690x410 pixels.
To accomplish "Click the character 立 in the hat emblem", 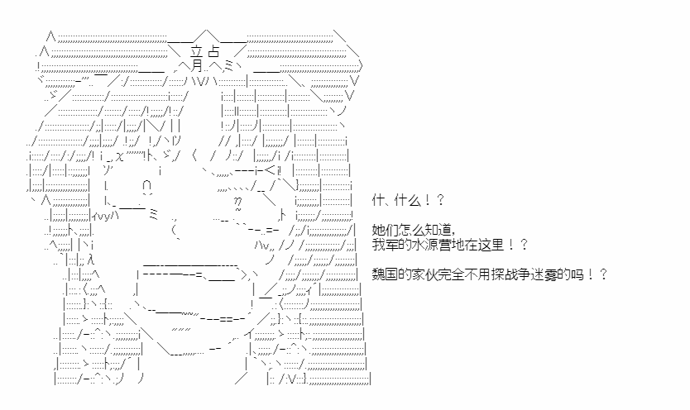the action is (196, 52).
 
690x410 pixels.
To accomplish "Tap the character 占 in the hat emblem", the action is (213, 51).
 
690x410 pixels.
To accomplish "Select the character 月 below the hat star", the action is (197, 65).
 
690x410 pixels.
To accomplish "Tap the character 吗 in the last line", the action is (575, 274).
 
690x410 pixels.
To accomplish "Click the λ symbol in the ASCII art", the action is (91, 260).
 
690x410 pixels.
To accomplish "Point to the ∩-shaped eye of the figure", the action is (147, 186).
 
